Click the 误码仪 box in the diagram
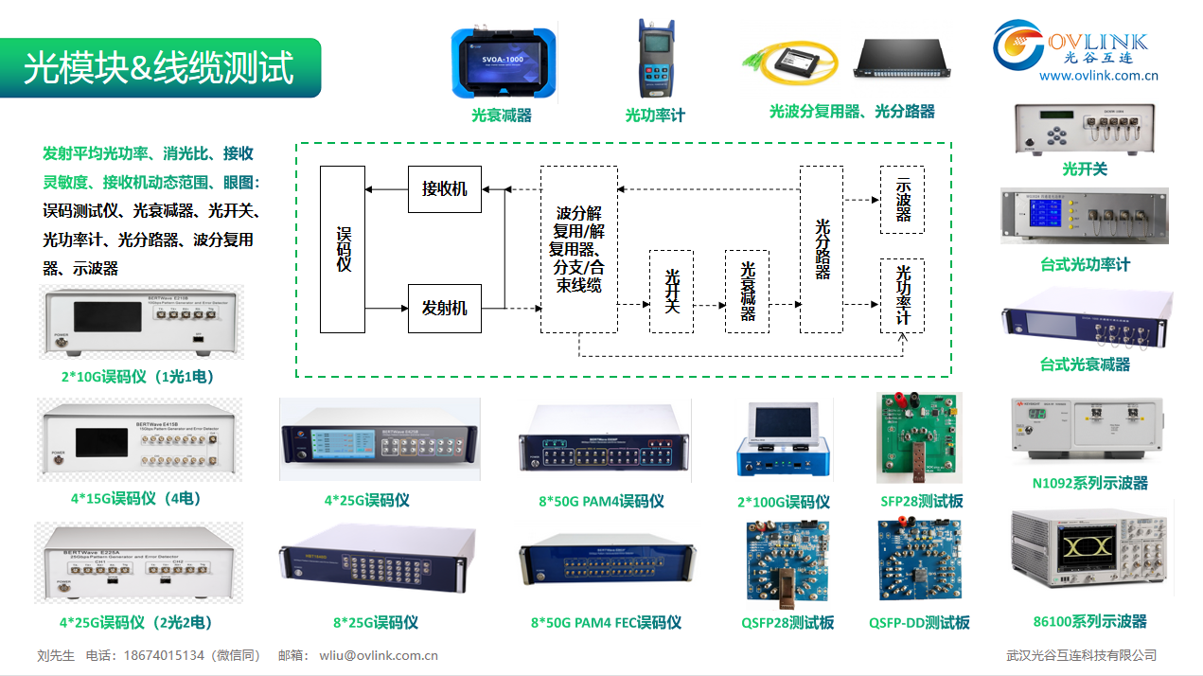[x=343, y=249]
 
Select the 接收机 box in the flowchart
[x=444, y=188]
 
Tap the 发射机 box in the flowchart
[x=444, y=308]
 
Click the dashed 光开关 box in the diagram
[x=671, y=292]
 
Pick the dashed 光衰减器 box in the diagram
[x=747, y=292]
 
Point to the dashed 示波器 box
[x=902, y=200]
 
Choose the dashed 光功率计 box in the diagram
[x=902, y=295]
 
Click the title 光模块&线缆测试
[x=159, y=68]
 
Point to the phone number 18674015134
[x=167, y=654]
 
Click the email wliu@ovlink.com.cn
[x=379, y=654]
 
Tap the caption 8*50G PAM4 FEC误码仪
[x=606, y=622]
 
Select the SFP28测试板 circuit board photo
[x=919, y=438]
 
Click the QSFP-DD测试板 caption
[x=919, y=622]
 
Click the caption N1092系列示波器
[x=1089, y=483]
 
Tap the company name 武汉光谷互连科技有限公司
[x=1081, y=654]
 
